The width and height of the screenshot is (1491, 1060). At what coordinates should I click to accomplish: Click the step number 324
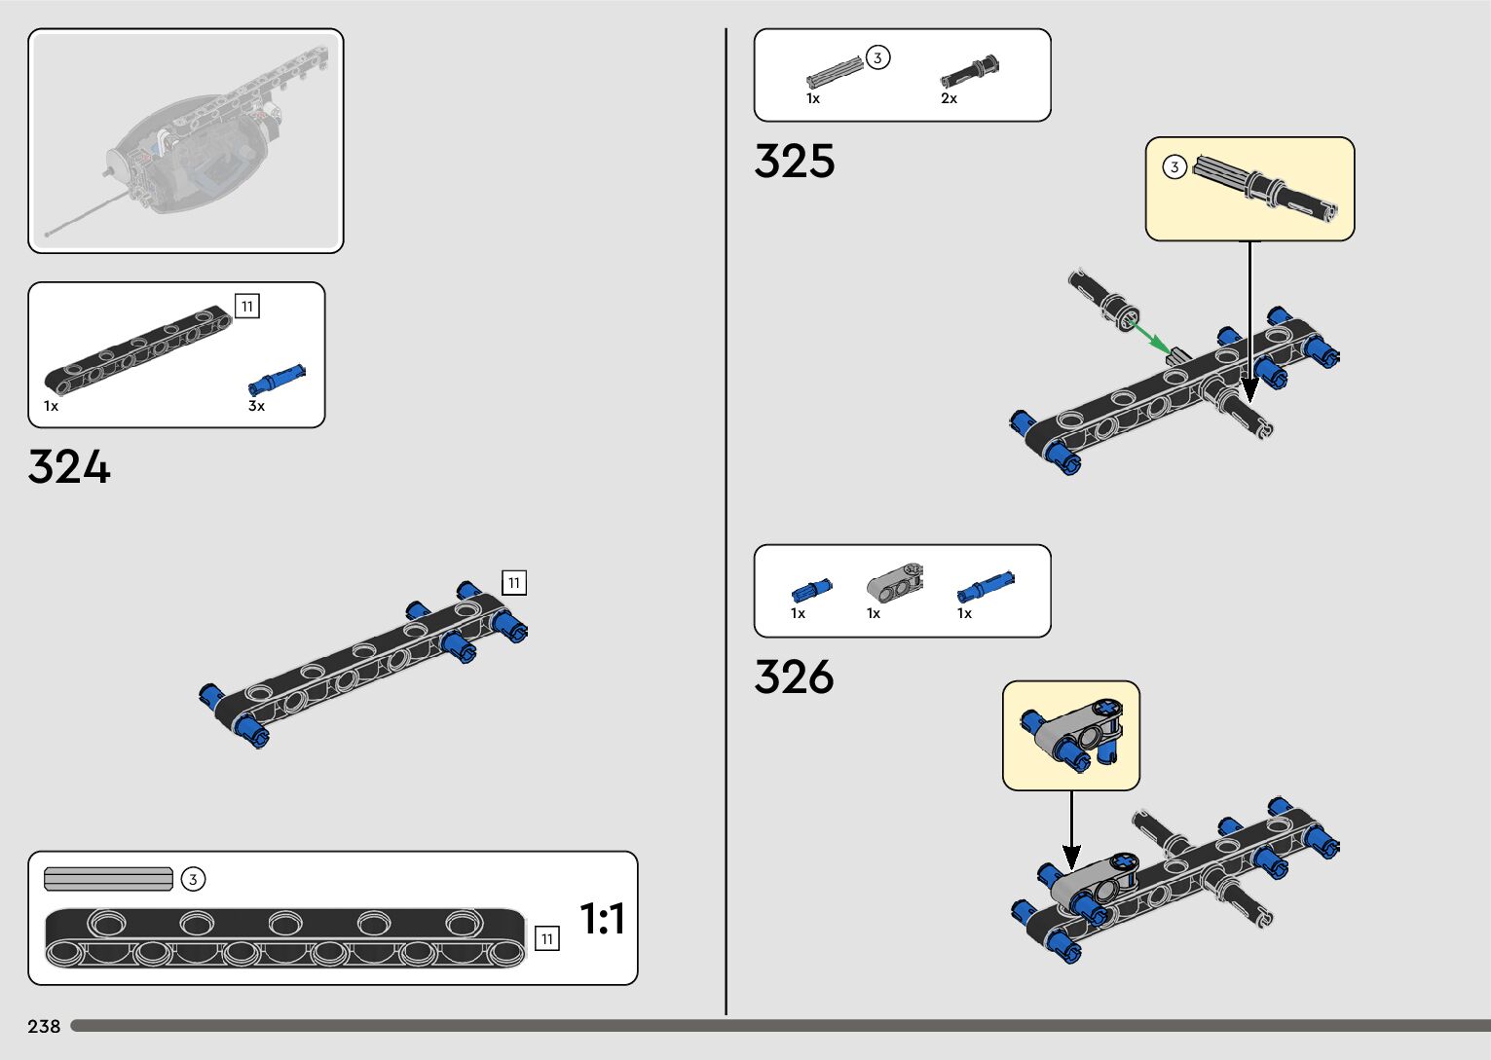(x=69, y=467)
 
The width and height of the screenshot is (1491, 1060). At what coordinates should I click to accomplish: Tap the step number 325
(x=795, y=162)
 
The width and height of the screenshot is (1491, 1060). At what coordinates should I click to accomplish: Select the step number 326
(x=795, y=676)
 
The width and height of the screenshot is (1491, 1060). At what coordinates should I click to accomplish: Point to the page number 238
(x=44, y=1026)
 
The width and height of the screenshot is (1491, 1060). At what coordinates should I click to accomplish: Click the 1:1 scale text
(x=602, y=919)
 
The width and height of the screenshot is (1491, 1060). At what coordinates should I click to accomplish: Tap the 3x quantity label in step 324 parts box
(x=256, y=406)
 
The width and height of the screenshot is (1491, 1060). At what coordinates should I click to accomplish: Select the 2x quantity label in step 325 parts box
(x=949, y=98)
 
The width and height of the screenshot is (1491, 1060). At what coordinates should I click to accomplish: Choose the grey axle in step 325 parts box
(x=835, y=73)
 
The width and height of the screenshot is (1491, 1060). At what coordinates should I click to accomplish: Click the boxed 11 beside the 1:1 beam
(x=547, y=938)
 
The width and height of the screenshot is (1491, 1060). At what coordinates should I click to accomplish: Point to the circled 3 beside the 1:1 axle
(x=193, y=880)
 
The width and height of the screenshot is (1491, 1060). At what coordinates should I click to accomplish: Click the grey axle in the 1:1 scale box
(x=108, y=879)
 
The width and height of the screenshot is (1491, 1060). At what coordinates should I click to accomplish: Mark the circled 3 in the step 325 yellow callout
(x=1174, y=167)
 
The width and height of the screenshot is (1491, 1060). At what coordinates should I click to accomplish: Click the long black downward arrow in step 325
(x=1249, y=321)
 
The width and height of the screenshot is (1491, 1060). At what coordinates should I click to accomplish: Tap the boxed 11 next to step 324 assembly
(x=513, y=583)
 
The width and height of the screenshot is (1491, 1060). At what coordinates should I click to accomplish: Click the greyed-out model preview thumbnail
(x=185, y=141)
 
